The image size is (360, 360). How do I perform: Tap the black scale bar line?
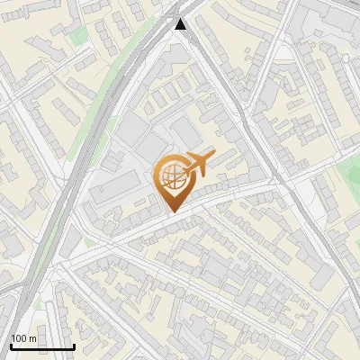click(x=42, y=346)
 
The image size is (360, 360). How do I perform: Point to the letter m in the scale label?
click(x=33, y=338)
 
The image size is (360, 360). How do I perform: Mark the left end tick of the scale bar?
click(x=11, y=345)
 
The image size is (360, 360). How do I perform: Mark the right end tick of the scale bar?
click(x=74, y=345)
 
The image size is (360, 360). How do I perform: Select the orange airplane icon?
click(x=199, y=163)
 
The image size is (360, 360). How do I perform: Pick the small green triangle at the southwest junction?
click(x=89, y=243)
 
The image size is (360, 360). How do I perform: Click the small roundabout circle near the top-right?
click(x=346, y=58)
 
